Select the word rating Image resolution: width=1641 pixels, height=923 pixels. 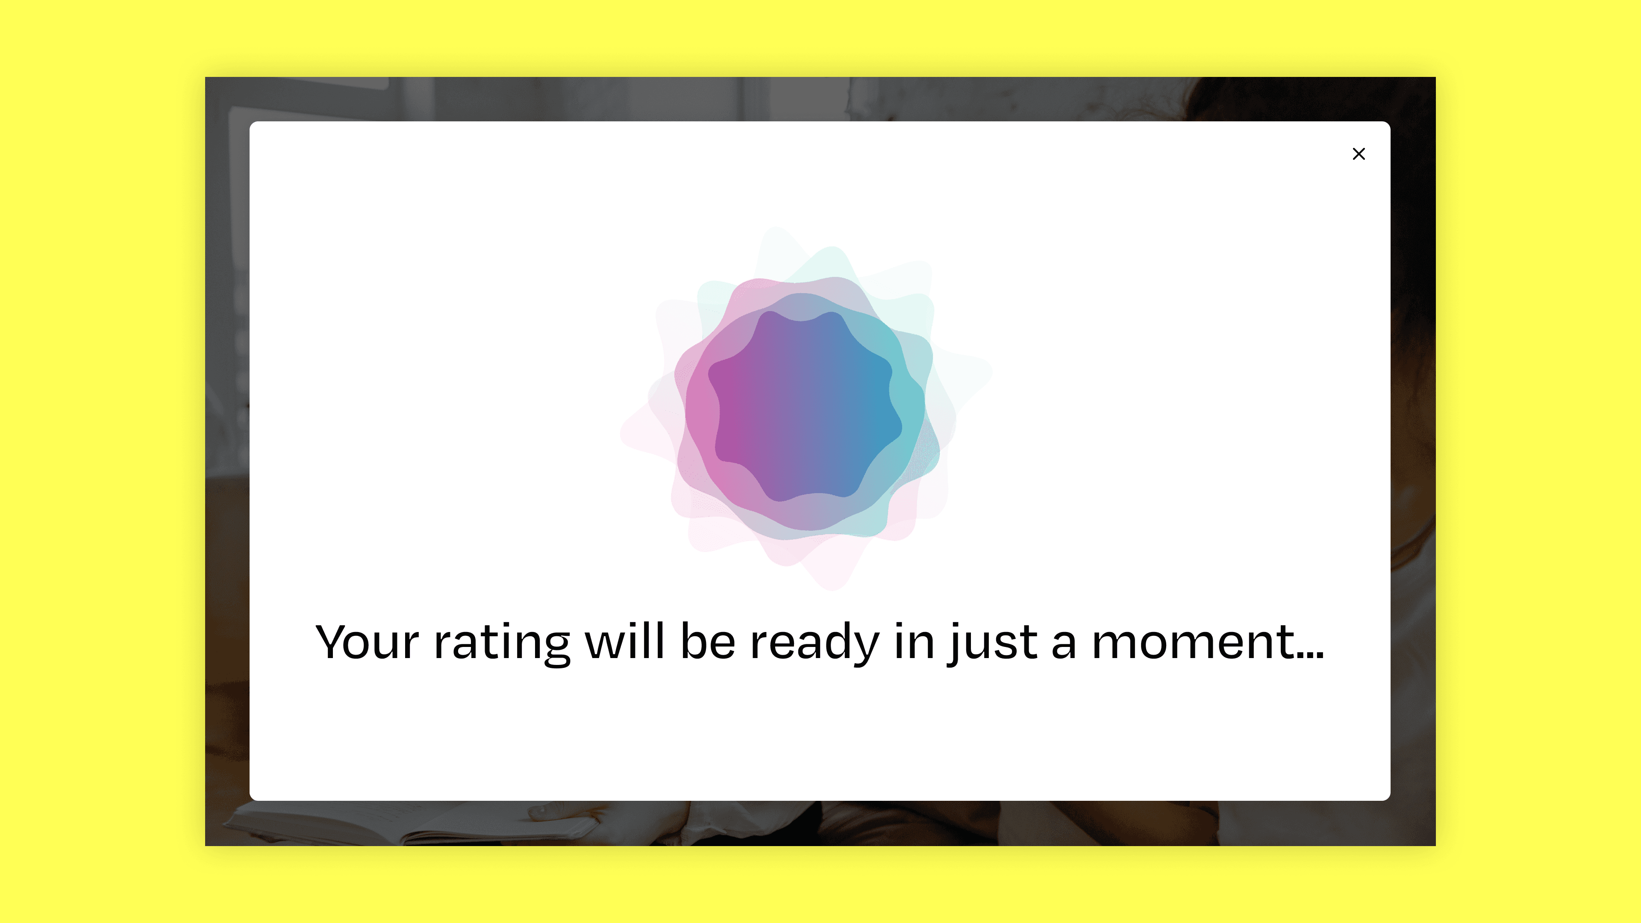click(x=502, y=644)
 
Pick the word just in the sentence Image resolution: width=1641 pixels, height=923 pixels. click(x=992, y=644)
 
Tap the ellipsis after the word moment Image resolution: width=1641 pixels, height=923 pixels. click(x=1310, y=656)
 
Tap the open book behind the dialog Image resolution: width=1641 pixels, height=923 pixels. click(x=414, y=822)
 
